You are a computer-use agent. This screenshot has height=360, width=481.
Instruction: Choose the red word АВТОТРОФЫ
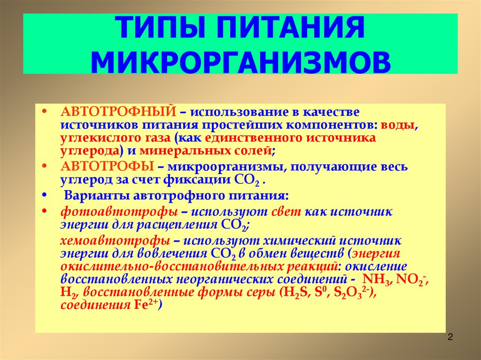[108, 167]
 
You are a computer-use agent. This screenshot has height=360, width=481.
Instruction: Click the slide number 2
[450, 337]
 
